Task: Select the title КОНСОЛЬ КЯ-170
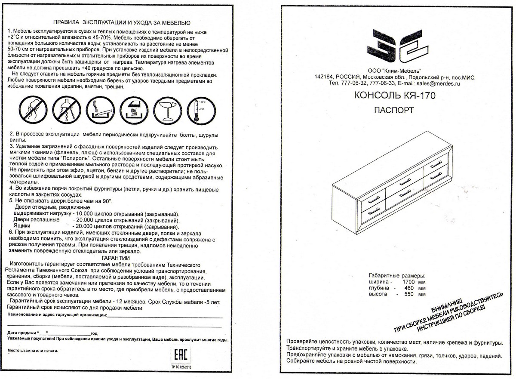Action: [394, 96]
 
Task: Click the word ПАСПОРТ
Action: [394, 110]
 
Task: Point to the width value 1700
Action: [408, 282]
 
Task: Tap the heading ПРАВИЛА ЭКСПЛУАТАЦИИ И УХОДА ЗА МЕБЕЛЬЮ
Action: [121, 22]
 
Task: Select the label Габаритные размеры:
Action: [397, 275]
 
